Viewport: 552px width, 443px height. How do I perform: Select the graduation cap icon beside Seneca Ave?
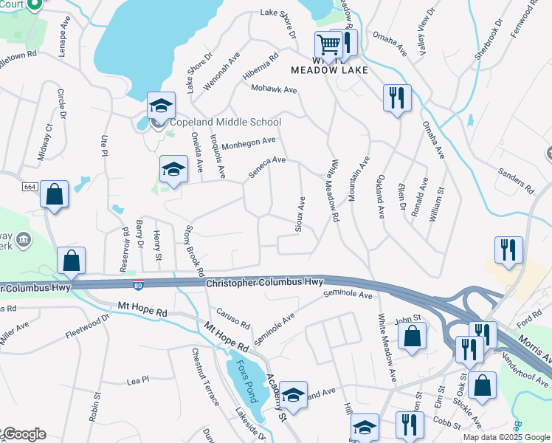174,170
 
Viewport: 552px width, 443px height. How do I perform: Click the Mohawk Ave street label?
274,89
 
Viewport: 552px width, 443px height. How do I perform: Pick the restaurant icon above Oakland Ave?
397,97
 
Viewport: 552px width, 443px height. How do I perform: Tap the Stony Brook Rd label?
195,251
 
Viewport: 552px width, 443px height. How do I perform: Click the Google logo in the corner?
24,434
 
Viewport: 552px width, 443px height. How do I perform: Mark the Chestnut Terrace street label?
205,377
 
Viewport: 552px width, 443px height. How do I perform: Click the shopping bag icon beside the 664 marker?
54,195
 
